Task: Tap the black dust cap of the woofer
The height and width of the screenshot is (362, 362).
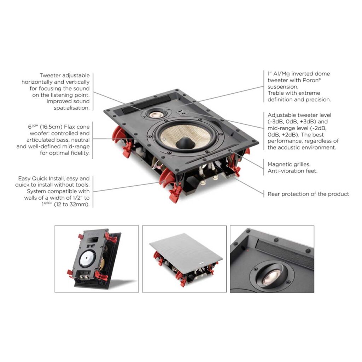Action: pyautogui.click(x=185, y=143)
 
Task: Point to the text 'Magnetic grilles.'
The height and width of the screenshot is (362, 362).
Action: pyautogui.click(x=289, y=164)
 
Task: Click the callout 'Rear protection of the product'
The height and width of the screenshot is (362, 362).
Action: pyautogui.click(x=308, y=194)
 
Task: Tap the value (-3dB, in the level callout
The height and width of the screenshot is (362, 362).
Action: pyautogui.click(x=276, y=122)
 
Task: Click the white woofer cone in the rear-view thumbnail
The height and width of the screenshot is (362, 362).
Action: pyautogui.click(x=88, y=259)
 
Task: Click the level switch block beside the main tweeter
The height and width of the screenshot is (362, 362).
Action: pyautogui.click(x=181, y=112)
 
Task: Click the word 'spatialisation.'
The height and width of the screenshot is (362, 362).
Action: pyautogui.click(x=71, y=108)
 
